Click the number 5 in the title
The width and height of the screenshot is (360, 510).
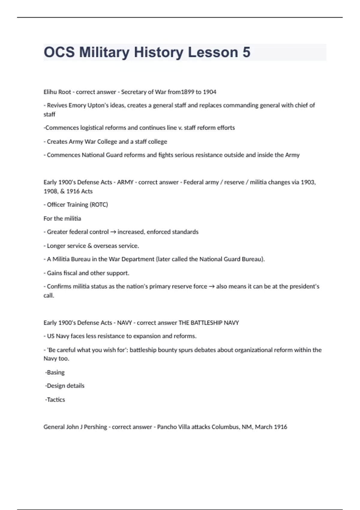coord(246,52)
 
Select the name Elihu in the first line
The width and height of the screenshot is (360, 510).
coord(50,92)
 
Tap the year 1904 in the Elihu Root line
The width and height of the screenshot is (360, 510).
coord(209,92)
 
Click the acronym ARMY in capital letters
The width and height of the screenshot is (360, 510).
coord(125,182)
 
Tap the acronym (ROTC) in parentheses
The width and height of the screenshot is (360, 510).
coord(99,205)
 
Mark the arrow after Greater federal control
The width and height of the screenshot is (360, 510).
coord(113,232)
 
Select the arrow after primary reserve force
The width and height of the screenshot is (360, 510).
coord(211,286)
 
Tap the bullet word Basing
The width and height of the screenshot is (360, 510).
coord(55,372)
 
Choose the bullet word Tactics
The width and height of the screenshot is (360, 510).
coord(56,400)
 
